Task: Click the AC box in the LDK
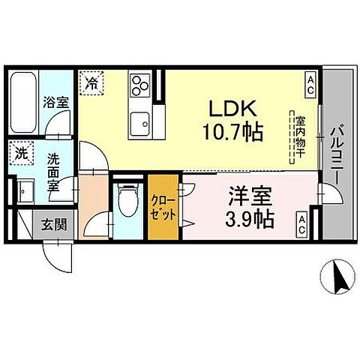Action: click(x=309, y=85)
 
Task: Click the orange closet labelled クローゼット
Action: click(x=163, y=207)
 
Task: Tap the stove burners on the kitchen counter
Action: click(x=139, y=88)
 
